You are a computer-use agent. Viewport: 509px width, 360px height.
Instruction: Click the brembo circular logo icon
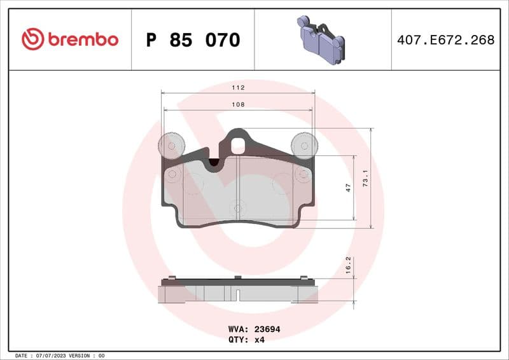32,39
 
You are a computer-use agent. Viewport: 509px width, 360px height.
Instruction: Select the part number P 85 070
193,40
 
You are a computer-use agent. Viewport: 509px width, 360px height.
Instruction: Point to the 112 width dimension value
238,87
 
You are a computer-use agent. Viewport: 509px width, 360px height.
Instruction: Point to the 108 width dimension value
238,104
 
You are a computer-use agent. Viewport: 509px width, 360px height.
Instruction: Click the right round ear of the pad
304,146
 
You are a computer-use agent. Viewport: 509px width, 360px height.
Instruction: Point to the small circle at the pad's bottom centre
238,208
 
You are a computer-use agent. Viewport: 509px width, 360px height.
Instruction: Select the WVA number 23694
267,329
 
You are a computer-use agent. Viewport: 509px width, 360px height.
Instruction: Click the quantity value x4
259,340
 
